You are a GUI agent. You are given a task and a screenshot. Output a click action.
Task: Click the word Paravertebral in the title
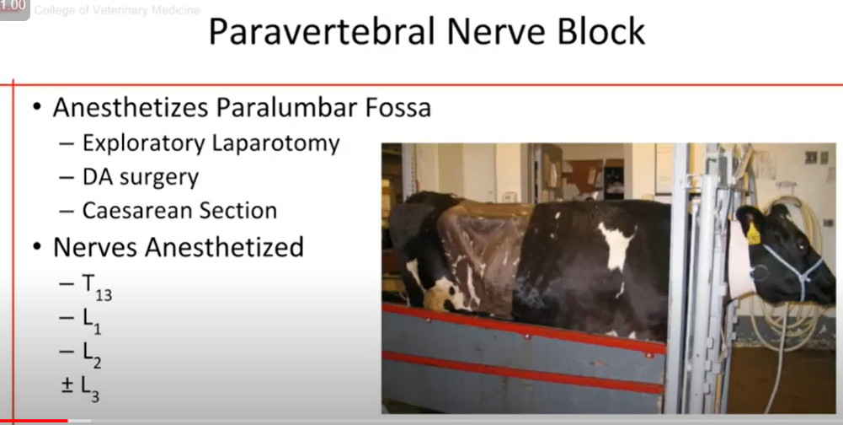click(322, 31)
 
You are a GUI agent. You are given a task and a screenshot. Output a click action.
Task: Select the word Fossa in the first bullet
click(398, 108)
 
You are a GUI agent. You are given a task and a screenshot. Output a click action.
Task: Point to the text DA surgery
click(141, 177)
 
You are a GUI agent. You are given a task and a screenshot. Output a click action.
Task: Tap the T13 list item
click(97, 286)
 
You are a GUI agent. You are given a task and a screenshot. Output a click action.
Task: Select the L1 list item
click(92, 321)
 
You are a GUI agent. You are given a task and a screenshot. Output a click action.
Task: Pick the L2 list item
click(92, 355)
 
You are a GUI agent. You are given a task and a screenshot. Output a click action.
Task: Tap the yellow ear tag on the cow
click(753, 233)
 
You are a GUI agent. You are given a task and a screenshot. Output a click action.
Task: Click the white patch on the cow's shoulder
click(616, 245)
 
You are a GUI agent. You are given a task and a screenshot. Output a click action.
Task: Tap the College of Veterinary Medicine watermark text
click(117, 10)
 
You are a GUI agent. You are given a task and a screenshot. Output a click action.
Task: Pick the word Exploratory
click(144, 144)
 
